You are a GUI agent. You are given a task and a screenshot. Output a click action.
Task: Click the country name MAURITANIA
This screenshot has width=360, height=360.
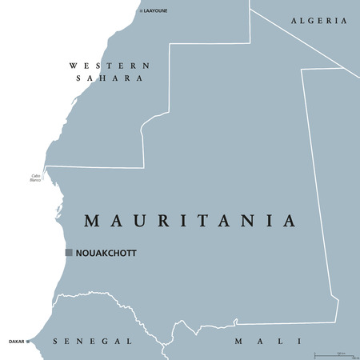[x=190, y=220]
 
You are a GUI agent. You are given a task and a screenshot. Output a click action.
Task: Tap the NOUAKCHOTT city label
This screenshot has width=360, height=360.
[x=106, y=253]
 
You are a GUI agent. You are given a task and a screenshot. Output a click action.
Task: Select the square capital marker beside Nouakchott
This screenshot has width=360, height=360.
[x=69, y=252]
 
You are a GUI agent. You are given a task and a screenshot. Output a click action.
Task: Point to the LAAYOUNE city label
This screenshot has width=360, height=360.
[x=154, y=11]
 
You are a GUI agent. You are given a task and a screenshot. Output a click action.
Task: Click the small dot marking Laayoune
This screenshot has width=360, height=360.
[x=139, y=11]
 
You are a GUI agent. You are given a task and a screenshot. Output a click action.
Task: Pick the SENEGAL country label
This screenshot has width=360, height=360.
[x=92, y=342]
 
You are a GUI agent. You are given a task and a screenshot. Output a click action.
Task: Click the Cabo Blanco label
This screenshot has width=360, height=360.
[x=35, y=178]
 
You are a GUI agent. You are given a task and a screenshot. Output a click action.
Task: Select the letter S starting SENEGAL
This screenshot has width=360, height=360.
[x=55, y=342]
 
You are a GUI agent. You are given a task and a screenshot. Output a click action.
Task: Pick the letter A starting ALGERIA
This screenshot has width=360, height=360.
[x=294, y=21]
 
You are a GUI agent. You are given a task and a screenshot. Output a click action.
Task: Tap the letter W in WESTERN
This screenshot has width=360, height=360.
[x=74, y=66]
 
